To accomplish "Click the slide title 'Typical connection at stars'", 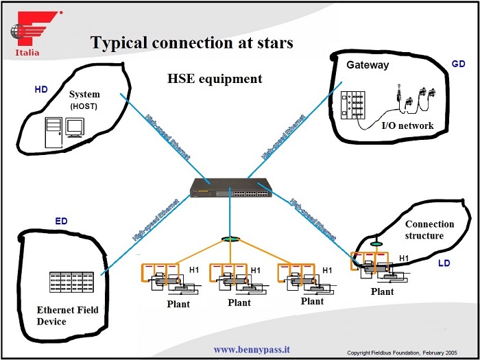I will (192, 43).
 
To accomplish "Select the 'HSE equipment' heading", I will (215, 79).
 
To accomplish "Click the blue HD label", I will (41, 90).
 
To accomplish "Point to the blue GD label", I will (458, 64).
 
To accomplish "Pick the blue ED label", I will (61, 221).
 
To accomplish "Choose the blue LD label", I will (444, 263).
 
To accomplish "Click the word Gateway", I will (368, 65).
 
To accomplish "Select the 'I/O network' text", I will (407, 125).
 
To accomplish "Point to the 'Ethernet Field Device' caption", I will (67, 315).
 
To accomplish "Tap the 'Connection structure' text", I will (429, 230).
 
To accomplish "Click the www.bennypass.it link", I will (252, 349).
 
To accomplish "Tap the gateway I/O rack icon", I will (356, 104).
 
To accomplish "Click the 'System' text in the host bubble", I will (84, 94).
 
